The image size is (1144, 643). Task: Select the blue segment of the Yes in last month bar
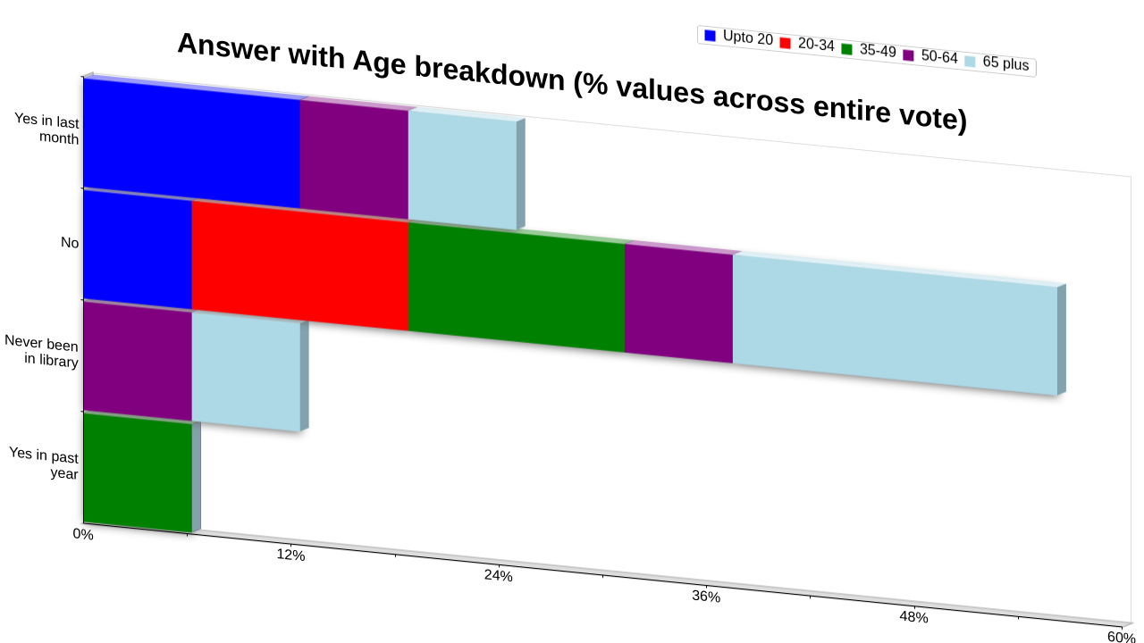192,144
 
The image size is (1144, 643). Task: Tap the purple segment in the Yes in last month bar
355,159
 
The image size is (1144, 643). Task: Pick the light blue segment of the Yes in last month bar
463,170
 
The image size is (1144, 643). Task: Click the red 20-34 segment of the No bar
300,265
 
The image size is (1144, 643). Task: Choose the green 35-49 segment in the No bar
517,287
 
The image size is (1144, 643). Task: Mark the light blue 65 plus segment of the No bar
895,324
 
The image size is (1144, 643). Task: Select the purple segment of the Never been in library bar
138,361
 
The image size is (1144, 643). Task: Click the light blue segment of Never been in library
246,372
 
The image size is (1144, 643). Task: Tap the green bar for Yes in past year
138,472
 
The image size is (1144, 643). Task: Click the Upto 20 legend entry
738,38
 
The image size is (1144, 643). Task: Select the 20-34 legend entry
807,44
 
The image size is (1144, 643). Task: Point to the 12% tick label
291,555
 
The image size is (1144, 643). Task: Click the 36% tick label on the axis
706,596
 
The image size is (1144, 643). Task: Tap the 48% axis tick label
913,617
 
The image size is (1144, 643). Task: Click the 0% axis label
83,534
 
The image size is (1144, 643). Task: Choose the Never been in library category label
41,351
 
